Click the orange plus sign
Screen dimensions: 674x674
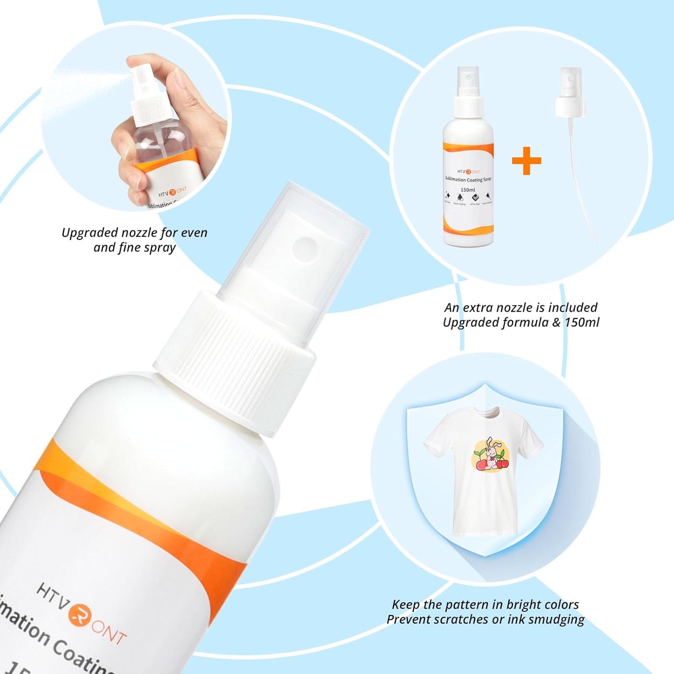(526, 161)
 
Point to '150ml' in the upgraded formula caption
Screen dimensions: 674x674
(582, 322)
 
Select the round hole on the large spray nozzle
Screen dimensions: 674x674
(305, 248)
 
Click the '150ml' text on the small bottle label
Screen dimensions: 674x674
(467, 190)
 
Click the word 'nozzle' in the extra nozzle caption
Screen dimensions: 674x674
(515, 308)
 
